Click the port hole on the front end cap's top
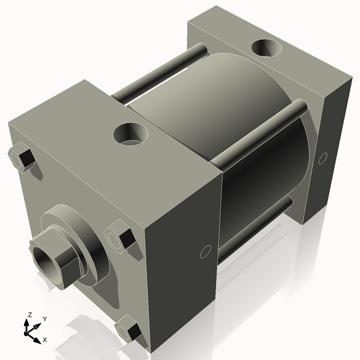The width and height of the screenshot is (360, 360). (x=130, y=133)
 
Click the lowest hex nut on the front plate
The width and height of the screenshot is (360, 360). (x=129, y=331)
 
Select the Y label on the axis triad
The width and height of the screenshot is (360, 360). (x=44, y=319)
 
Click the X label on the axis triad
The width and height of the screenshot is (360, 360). (x=44, y=340)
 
